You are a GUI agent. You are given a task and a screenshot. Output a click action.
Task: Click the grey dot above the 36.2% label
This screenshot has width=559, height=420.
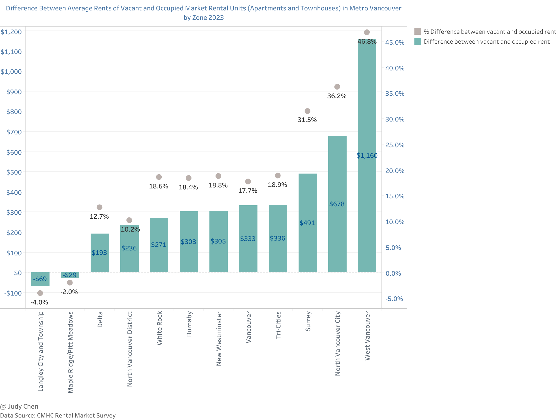(x=337, y=87)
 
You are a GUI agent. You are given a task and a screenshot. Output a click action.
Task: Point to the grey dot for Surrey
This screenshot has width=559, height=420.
(x=307, y=111)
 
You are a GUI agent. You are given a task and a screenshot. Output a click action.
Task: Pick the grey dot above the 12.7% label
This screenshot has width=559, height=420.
(x=100, y=207)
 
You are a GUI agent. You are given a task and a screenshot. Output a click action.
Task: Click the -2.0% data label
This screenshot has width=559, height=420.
(x=69, y=292)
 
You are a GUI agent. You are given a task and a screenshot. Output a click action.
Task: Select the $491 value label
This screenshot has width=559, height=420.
(x=307, y=223)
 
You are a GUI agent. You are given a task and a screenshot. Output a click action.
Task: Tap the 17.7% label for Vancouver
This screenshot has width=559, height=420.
(x=248, y=191)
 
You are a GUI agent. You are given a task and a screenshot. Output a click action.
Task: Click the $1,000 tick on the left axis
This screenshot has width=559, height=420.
(x=11, y=72)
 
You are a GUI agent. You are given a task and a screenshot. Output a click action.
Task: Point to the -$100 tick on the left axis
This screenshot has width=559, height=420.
(x=13, y=293)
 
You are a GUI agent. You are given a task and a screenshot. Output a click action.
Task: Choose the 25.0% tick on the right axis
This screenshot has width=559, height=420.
(x=394, y=145)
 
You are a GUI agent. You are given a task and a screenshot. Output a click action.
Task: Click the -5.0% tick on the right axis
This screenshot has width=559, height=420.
(x=394, y=299)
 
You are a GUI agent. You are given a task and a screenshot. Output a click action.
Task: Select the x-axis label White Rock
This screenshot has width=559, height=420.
(x=159, y=328)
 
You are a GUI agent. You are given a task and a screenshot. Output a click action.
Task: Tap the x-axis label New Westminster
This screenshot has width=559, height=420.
(x=219, y=338)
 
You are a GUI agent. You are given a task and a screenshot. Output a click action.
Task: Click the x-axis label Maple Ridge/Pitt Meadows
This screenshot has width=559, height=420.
(x=70, y=352)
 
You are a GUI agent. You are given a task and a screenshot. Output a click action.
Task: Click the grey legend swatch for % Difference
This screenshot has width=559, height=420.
(x=418, y=31)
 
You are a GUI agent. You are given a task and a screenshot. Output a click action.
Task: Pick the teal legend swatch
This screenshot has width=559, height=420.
(x=418, y=41)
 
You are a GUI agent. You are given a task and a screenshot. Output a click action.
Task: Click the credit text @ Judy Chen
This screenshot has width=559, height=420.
(x=19, y=406)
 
